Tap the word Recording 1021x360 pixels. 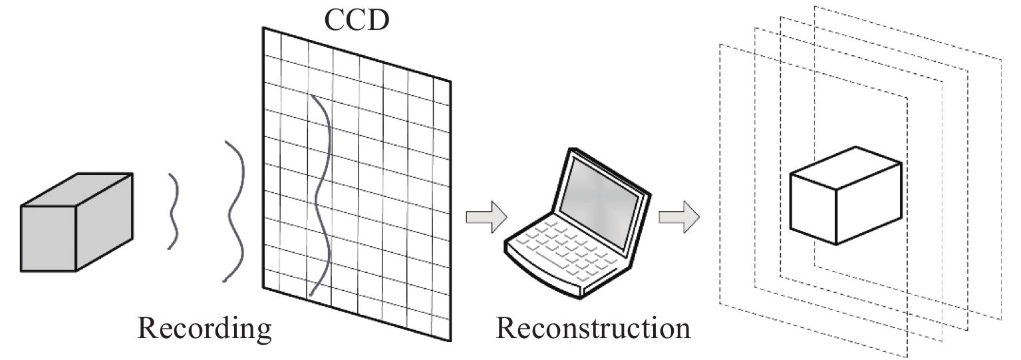[204, 329]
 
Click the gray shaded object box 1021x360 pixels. [76, 222]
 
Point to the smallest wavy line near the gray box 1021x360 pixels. [174, 211]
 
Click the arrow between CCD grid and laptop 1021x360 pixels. [486, 218]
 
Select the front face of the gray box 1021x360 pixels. [48, 238]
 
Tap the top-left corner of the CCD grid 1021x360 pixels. [263, 28]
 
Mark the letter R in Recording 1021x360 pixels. [146, 329]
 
